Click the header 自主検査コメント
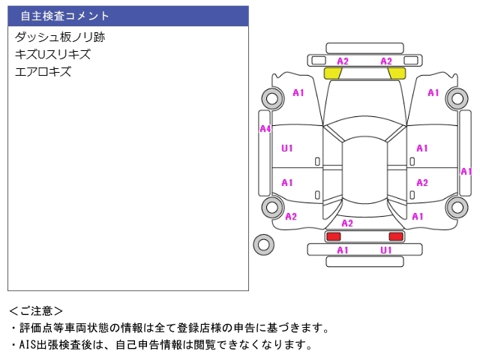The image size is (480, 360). pyautogui.click(x=65, y=16)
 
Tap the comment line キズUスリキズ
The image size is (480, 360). pyautogui.click(x=52, y=54)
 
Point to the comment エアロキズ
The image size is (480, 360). pyautogui.click(x=43, y=72)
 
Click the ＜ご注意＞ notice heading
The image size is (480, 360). pyautogui.click(x=36, y=310)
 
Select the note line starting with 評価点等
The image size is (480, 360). pyautogui.click(x=169, y=328)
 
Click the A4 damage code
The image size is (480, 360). pyautogui.click(x=265, y=129)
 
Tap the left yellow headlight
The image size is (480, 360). pyautogui.click(x=332, y=73)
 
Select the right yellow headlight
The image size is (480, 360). pyautogui.click(x=397, y=73)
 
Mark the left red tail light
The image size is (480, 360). pyautogui.click(x=332, y=236)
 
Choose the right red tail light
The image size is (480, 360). pyautogui.click(x=395, y=236)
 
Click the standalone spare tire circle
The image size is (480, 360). pyautogui.click(x=263, y=244)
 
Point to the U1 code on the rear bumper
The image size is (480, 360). pyautogui.click(x=386, y=250)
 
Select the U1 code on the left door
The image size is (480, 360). pyautogui.click(x=286, y=148)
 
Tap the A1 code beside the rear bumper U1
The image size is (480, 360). pyautogui.click(x=343, y=250)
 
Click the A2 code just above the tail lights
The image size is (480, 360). pyautogui.click(x=347, y=223)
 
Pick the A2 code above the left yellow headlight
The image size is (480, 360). pyautogui.click(x=343, y=61)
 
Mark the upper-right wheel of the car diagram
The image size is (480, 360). pyautogui.click(x=455, y=97)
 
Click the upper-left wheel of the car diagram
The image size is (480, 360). pyautogui.click(x=271, y=97)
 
